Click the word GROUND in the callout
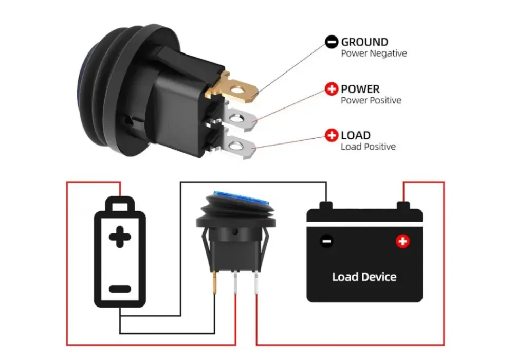[x=364, y=42]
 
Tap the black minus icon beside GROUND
[x=332, y=42]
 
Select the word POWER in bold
[x=360, y=89]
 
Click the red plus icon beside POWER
[x=332, y=89]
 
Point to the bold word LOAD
[x=356, y=135]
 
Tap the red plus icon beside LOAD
[x=332, y=135]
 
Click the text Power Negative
[x=374, y=53]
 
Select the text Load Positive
[x=369, y=147]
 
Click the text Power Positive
[x=371, y=100]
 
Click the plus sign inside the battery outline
[x=120, y=237]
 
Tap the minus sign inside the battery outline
[x=120, y=289]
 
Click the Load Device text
[x=364, y=277]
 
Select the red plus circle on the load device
[x=402, y=241]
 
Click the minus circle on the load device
[x=326, y=242]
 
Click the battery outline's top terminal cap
[x=120, y=204]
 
